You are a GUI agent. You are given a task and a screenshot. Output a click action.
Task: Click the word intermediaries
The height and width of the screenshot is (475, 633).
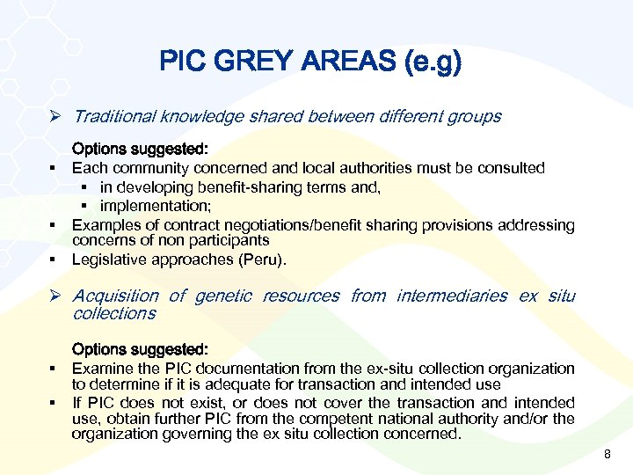pyautogui.click(x=452, y=296)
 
